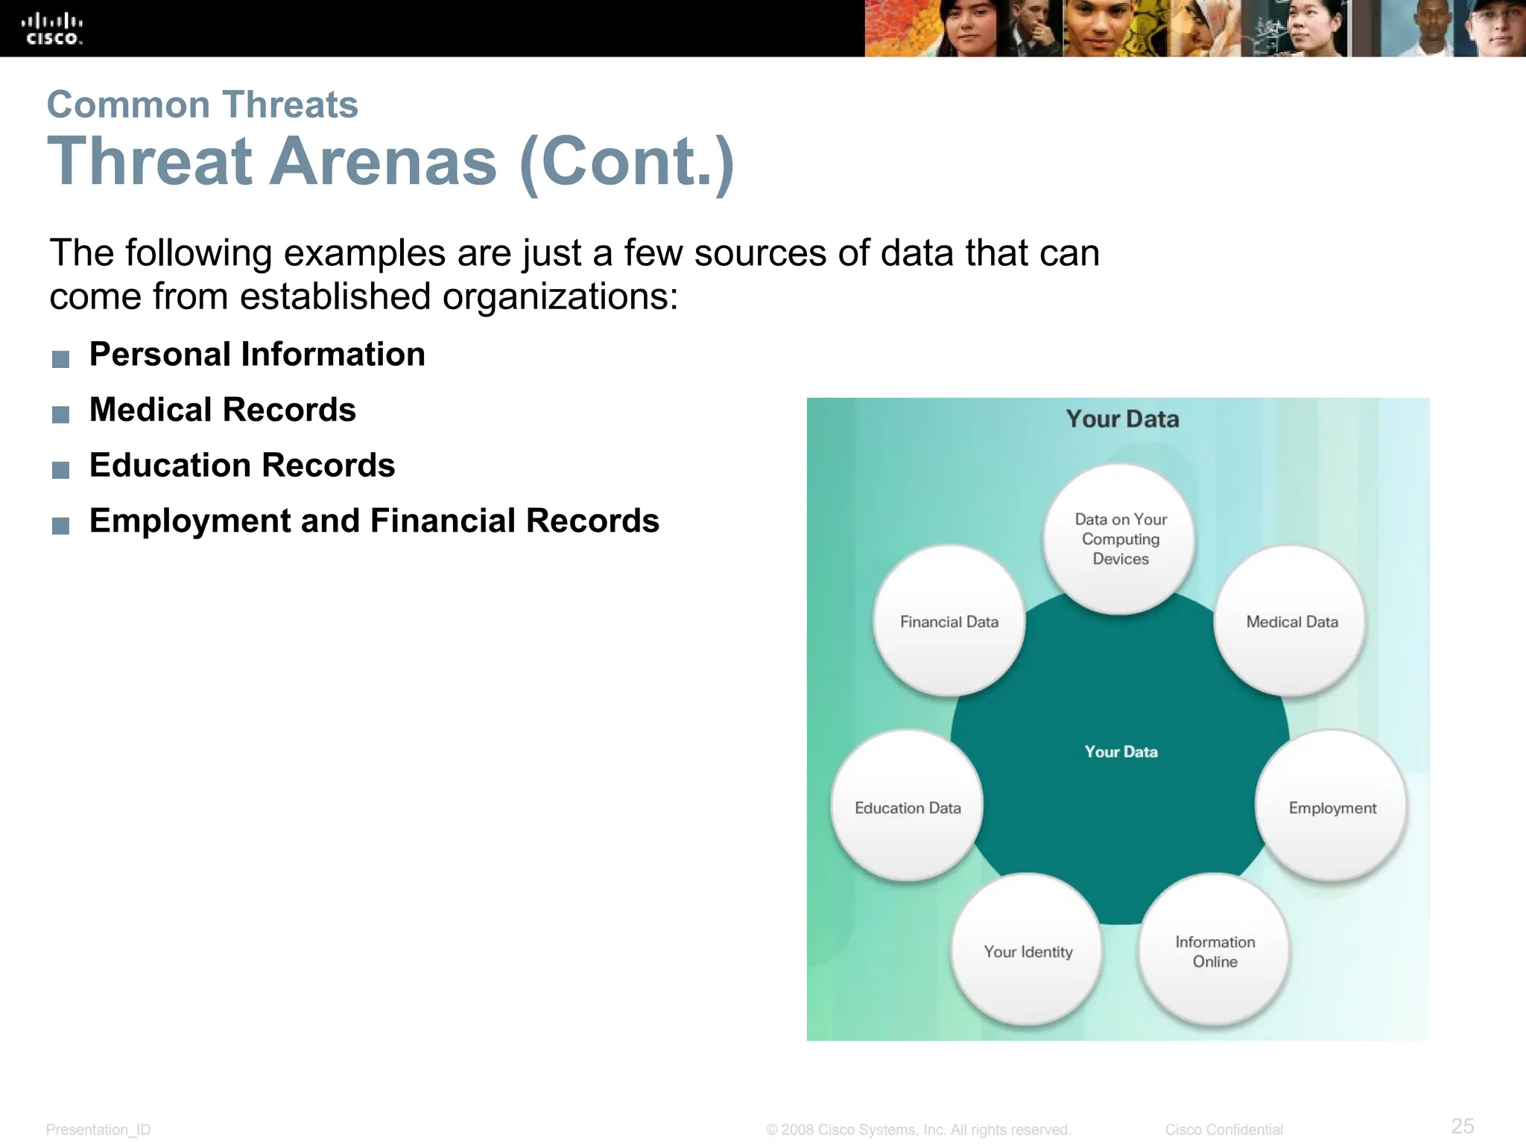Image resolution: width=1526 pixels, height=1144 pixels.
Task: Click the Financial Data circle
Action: [949, 621]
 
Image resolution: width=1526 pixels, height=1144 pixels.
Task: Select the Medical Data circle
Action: [1291, 621]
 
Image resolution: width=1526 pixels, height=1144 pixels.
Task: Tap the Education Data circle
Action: [908, 807]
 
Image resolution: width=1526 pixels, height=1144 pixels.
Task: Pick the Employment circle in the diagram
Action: [1332, 807]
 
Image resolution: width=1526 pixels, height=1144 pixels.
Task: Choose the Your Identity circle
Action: [1028, 951]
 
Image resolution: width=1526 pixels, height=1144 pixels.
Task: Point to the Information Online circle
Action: [1215, 951]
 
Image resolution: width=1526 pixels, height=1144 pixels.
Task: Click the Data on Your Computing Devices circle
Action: [1120, 538]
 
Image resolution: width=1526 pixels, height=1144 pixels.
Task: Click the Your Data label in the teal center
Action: [1121, 751]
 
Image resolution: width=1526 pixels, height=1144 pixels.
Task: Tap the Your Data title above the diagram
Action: [1122, 419]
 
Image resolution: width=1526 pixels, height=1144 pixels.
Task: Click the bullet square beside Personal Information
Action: [61, 359]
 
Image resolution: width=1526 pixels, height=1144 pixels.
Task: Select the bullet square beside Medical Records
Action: [61, 414]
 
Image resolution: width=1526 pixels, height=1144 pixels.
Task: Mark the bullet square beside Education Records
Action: [61, 470]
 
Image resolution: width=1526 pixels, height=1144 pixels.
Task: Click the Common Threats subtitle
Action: [203, 104]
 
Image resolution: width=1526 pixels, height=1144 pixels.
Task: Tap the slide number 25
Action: [1463, 1125]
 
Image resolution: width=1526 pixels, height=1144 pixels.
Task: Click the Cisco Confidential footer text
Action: [1223, 1130]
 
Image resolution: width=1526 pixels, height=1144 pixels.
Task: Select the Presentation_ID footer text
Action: [98, 1130]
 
